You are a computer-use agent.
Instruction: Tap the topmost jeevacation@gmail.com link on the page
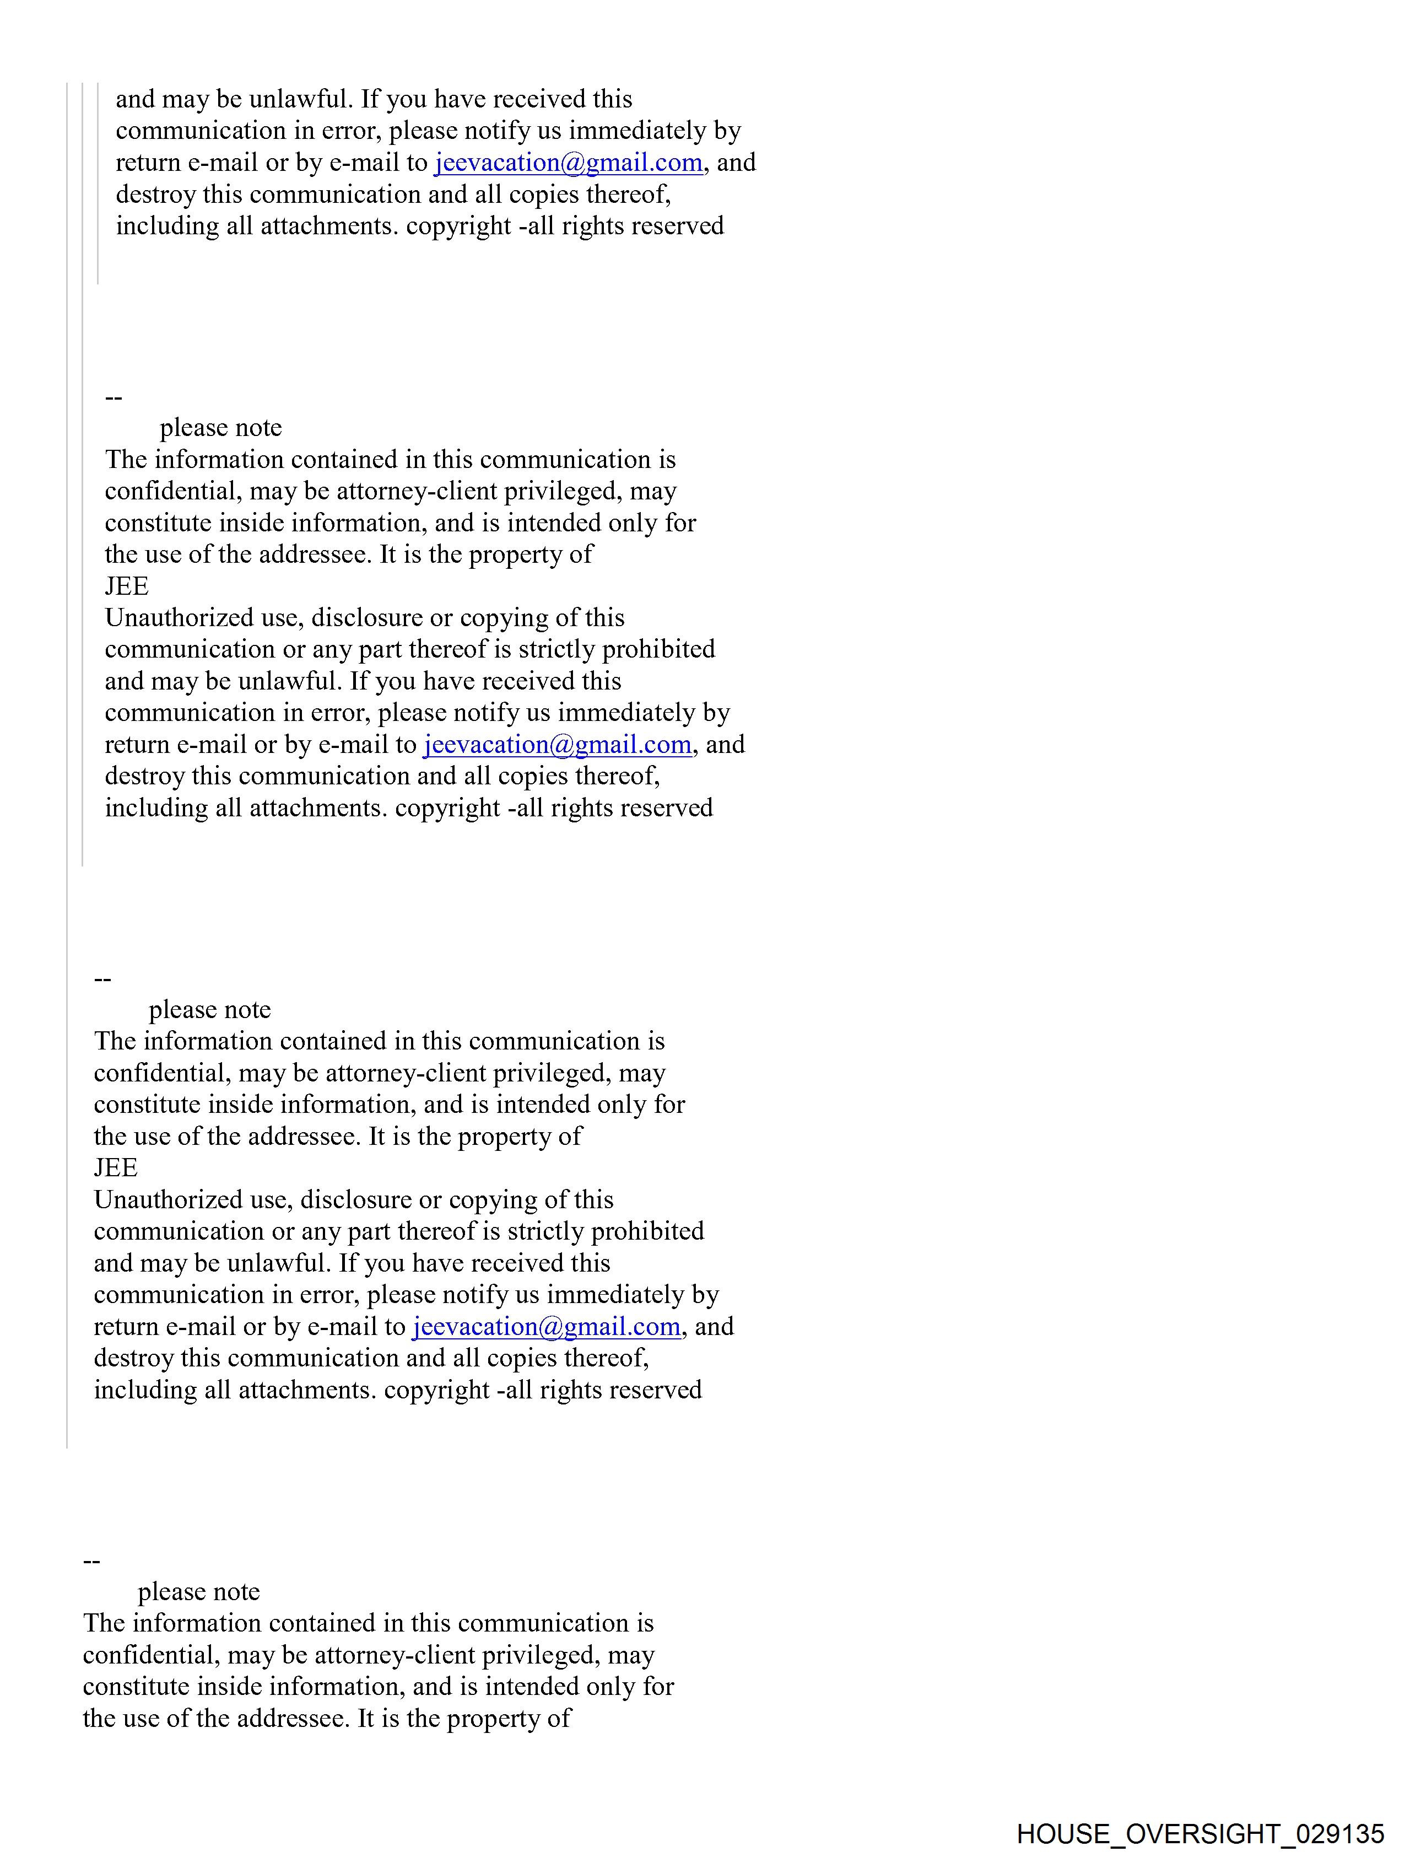568,162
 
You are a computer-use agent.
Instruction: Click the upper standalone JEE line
127,586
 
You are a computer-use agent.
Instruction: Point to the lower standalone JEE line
116,1168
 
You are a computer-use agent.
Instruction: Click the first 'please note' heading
221,427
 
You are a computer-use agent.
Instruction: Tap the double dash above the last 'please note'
93,1560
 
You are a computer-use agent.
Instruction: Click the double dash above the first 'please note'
114,397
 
